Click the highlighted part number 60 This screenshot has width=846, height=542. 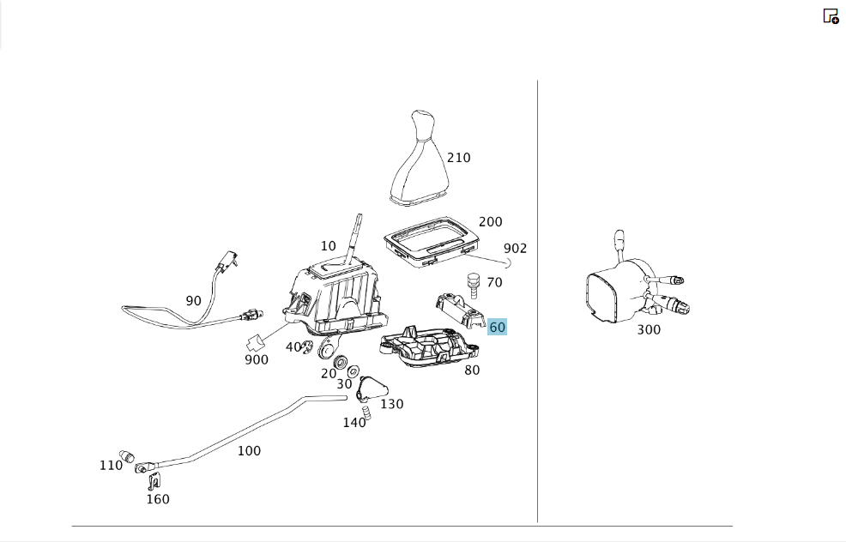click(x=497, y=327)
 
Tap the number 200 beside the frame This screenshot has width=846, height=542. click(x=491, y=221)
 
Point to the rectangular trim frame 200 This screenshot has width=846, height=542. click(x=432, y=242)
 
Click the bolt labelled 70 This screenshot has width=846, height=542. click(x=473, y=286)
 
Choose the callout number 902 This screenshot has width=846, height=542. click(x=516, y=248)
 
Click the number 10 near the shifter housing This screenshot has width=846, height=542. click(x=328, y=246)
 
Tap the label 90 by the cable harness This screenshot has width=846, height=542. click(x=193, y=301)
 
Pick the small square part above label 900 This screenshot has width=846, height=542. click(x=256, y=343)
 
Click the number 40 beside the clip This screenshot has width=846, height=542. click(x=293, y=346)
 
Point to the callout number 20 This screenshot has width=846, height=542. click(x=329, y=373)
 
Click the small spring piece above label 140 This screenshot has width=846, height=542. click(x=367, y=413)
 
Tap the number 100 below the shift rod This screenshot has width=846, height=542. click(x=250, y=450)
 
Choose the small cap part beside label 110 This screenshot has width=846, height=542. click(x=126, y=455)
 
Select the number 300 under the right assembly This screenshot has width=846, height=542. click(x=649, y=329)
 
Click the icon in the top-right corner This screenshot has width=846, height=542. click(x=831, y=16)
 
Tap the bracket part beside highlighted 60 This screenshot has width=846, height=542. click(x=460, y=310)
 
